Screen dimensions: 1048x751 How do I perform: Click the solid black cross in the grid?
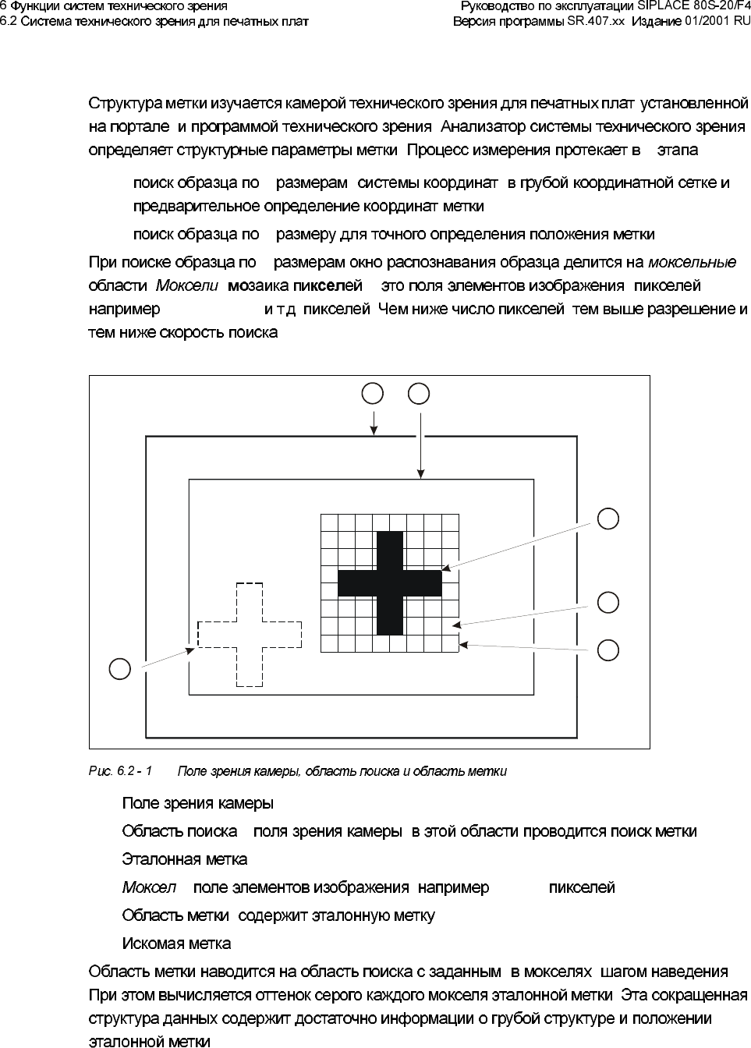pos(390,582)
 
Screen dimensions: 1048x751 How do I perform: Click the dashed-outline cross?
pos(250,634)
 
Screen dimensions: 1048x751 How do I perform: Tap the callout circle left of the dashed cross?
pos(119,669)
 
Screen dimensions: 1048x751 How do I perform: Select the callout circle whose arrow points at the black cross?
pos(608,519)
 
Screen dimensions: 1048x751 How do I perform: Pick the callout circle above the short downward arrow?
pos(374,393)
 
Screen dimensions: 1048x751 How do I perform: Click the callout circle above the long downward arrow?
pos(420,393)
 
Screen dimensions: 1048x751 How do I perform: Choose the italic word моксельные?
pos(693,261)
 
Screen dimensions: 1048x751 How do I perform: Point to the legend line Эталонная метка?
pos(185,859)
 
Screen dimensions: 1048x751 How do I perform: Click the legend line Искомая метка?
pos(176,944)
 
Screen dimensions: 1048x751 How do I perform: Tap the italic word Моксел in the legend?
pos(148,887)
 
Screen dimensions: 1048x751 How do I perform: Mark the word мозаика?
pos(254,285)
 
